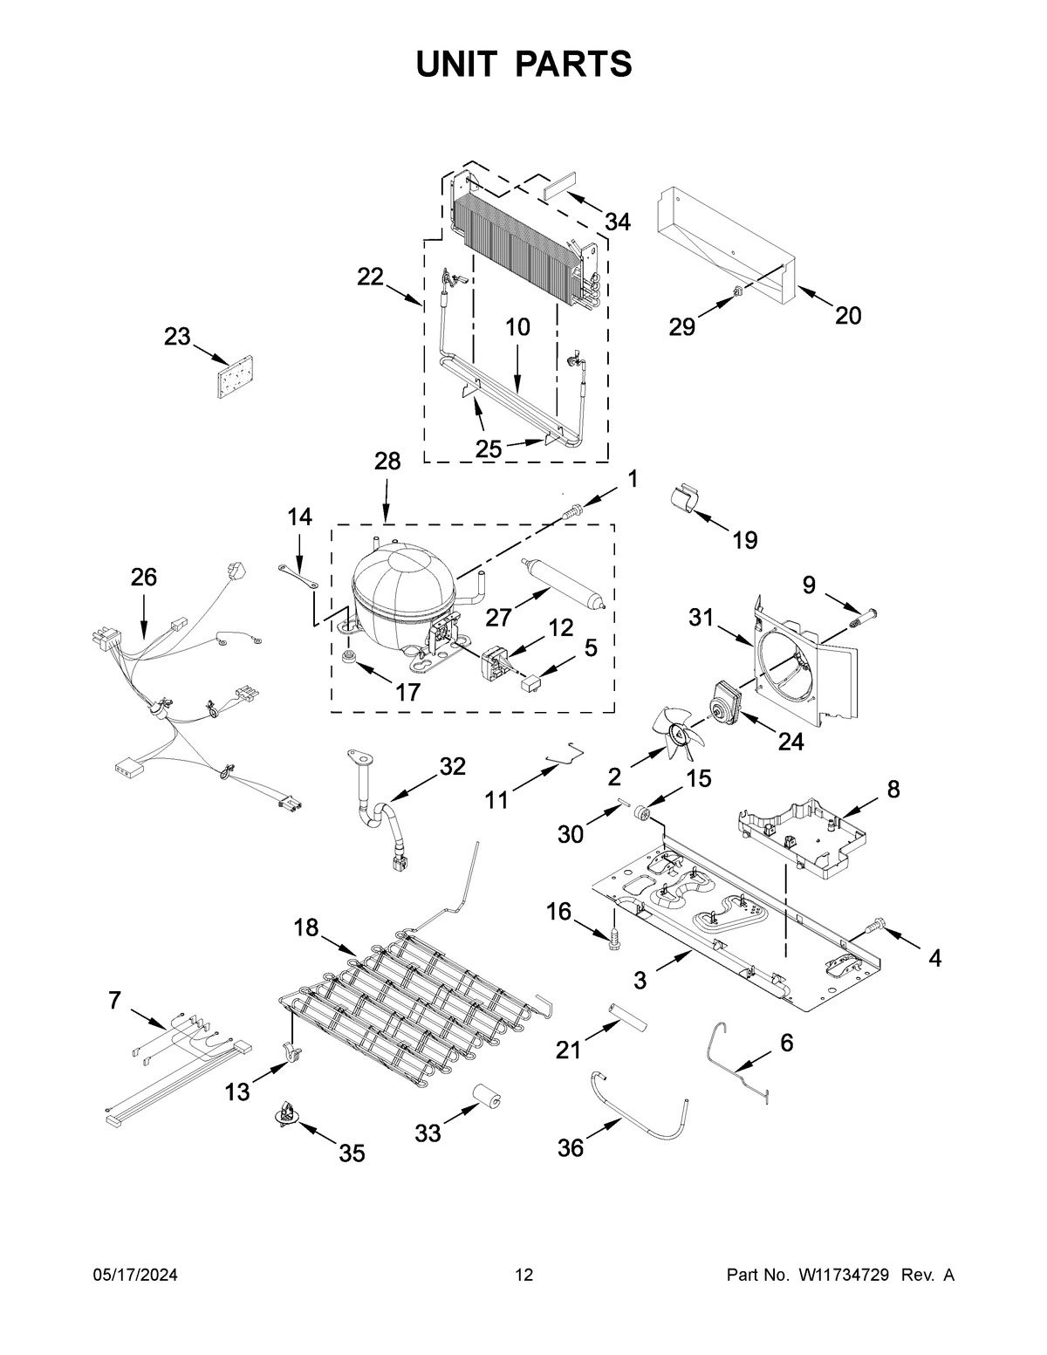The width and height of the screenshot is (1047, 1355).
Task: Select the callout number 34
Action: pyautogui.click(x=617, y=222)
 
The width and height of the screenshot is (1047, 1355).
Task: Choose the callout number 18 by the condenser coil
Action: pyautogui.click(x=305, y=928)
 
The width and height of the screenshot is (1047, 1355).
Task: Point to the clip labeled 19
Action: pyautogui.click(x=686, y=502)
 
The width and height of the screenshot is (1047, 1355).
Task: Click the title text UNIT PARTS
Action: pyautogui.click(x=523, y=64)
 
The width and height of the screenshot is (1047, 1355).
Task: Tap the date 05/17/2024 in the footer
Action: pyautogui.click(x=135, y=1276)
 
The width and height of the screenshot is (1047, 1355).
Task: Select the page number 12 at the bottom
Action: pyautogui.click(x=523, y=1276)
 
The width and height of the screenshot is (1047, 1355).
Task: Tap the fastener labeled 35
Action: pyautogui.click(x=288, y=1114)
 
